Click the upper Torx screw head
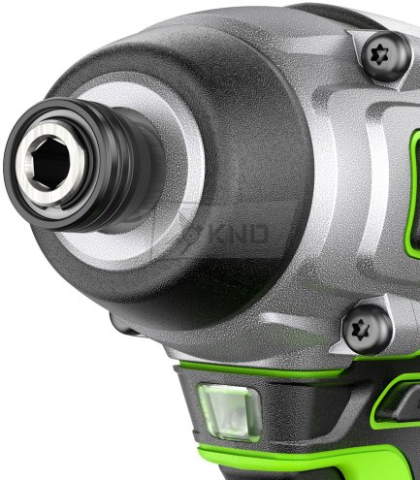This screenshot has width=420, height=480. click(386, 55)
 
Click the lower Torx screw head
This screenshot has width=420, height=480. click(367, 329)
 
